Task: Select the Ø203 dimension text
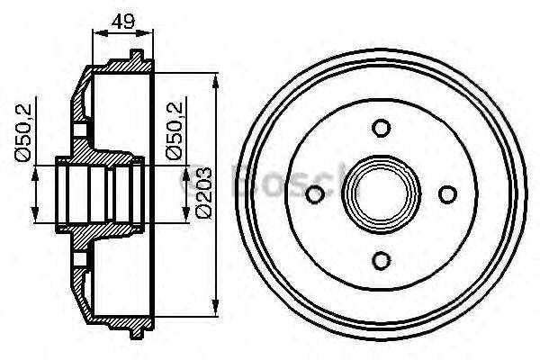(x=204, y=191)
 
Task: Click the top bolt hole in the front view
(x=382, y=127)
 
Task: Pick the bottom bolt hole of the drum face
(x=382, y=260)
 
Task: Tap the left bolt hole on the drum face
(x=315, y=193)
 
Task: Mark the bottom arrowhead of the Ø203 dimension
(x=215, y=307)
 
